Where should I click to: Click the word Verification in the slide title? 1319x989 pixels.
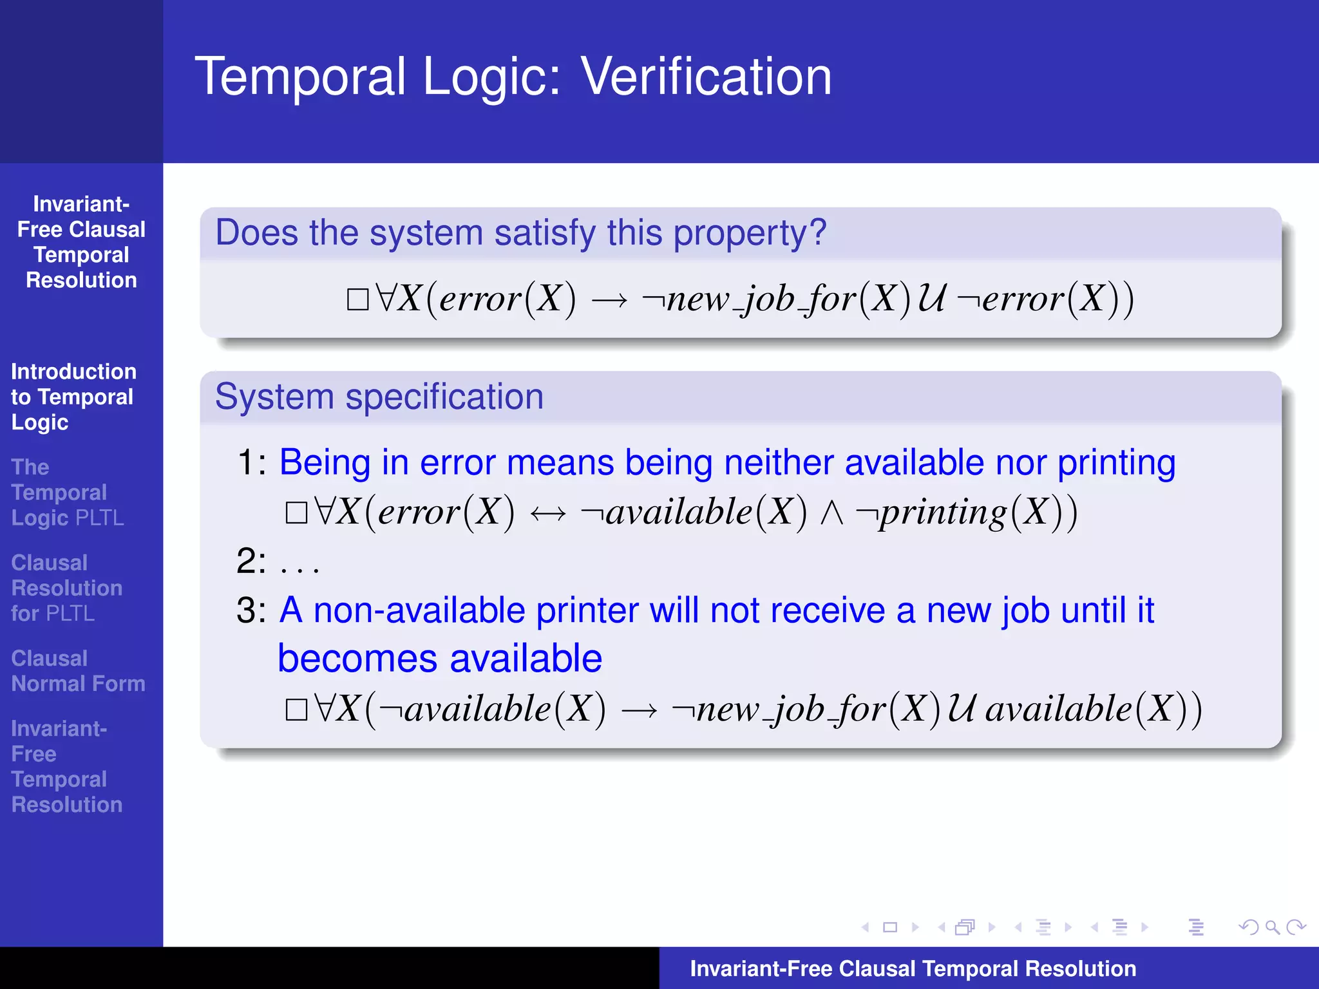[x=706, y=77]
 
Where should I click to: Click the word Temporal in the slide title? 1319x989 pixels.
[x=300, y=77]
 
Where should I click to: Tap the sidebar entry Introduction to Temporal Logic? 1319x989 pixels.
[x=73, y=397]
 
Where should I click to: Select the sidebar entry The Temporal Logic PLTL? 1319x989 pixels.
[x=67, y=493]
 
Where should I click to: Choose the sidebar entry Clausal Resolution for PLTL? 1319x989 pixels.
[x=66, y=588]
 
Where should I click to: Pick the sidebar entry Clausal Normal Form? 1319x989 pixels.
[x=78, y=671]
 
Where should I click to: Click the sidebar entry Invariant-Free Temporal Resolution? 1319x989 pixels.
[x=66, y=766]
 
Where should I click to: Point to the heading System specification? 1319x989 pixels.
[x=379, y=397]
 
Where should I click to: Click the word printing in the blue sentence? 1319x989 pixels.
[x=1116, y=463]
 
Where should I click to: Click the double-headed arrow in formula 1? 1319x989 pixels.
[x=547, y=514]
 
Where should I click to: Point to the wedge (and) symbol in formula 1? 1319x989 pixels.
[x=831, y=514]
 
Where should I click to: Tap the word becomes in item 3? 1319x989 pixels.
[x=357, y=659]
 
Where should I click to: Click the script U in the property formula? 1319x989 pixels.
[x=931, y=299]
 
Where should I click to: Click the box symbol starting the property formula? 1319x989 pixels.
[x=357, y=299]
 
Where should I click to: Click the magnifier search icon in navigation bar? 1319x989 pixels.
[x=1272, y=927]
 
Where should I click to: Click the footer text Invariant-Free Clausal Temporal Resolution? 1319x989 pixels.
[x=913, y=968]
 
